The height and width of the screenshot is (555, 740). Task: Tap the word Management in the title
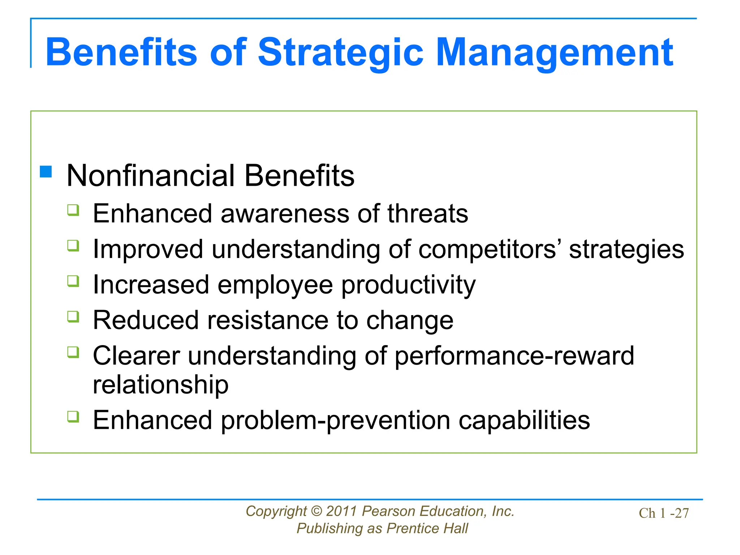(554, 53)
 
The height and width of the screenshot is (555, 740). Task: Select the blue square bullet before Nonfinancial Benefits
(46, 172)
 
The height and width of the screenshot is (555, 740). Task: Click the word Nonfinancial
(151, 176)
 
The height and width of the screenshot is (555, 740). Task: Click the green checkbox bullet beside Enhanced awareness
(73, 210)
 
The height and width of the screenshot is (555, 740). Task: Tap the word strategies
(626, 249)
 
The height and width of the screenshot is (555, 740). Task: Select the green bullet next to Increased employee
(73, 281)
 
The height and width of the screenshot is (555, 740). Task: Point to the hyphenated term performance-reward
(514, 356)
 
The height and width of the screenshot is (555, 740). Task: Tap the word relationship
(160, 384)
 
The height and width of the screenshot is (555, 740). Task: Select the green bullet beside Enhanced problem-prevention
(73, 417)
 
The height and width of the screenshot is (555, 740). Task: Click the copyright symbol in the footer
(316, 511)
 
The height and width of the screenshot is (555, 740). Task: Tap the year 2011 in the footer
(341, 511)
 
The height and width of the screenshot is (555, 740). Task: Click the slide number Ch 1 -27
(663, 513)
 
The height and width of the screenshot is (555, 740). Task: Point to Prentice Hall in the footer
(427, 529)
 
